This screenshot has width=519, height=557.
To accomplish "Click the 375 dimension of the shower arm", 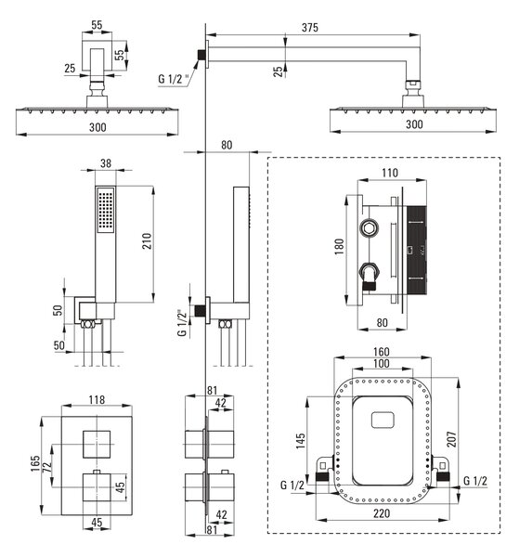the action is [x=310, y=28].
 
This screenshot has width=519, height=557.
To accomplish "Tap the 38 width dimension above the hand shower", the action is [x=106, y=163].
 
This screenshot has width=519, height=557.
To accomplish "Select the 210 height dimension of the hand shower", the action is [x=147, y=240].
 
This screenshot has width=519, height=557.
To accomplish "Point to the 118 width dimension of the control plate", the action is [x=97, y=399].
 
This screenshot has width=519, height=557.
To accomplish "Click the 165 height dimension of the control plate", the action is [x=35, y=463].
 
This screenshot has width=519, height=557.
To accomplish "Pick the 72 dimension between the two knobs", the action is [x=47, y=465].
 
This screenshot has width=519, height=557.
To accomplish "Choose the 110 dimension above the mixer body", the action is [x=390, y=173].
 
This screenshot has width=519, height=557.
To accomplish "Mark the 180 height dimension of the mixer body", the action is [x=340, y=246].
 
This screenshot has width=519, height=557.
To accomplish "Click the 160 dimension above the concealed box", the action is [x=381, y=352].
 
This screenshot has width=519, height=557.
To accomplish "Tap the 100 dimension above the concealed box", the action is [x=381, y=363].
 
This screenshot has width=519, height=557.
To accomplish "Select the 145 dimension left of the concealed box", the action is [x=301, y=440].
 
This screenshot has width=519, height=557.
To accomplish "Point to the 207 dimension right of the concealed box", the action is [x=451, y=439].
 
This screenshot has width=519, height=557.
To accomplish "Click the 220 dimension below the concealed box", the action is [x=382, y=513].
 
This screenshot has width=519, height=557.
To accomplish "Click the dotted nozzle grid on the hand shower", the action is [x=106, y=211].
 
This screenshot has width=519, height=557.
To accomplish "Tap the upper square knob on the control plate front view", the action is [x=97, y=445].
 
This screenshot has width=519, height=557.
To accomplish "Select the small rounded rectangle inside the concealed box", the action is [x=383, y=420].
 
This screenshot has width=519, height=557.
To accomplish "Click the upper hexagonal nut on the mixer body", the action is [x=370, y=227].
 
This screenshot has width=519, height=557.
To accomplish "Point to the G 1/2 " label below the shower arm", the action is [x=174, y=79].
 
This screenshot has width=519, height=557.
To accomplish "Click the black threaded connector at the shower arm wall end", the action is [x=201, y=55].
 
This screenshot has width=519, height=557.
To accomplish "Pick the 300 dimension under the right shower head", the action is [x=414, y=124].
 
